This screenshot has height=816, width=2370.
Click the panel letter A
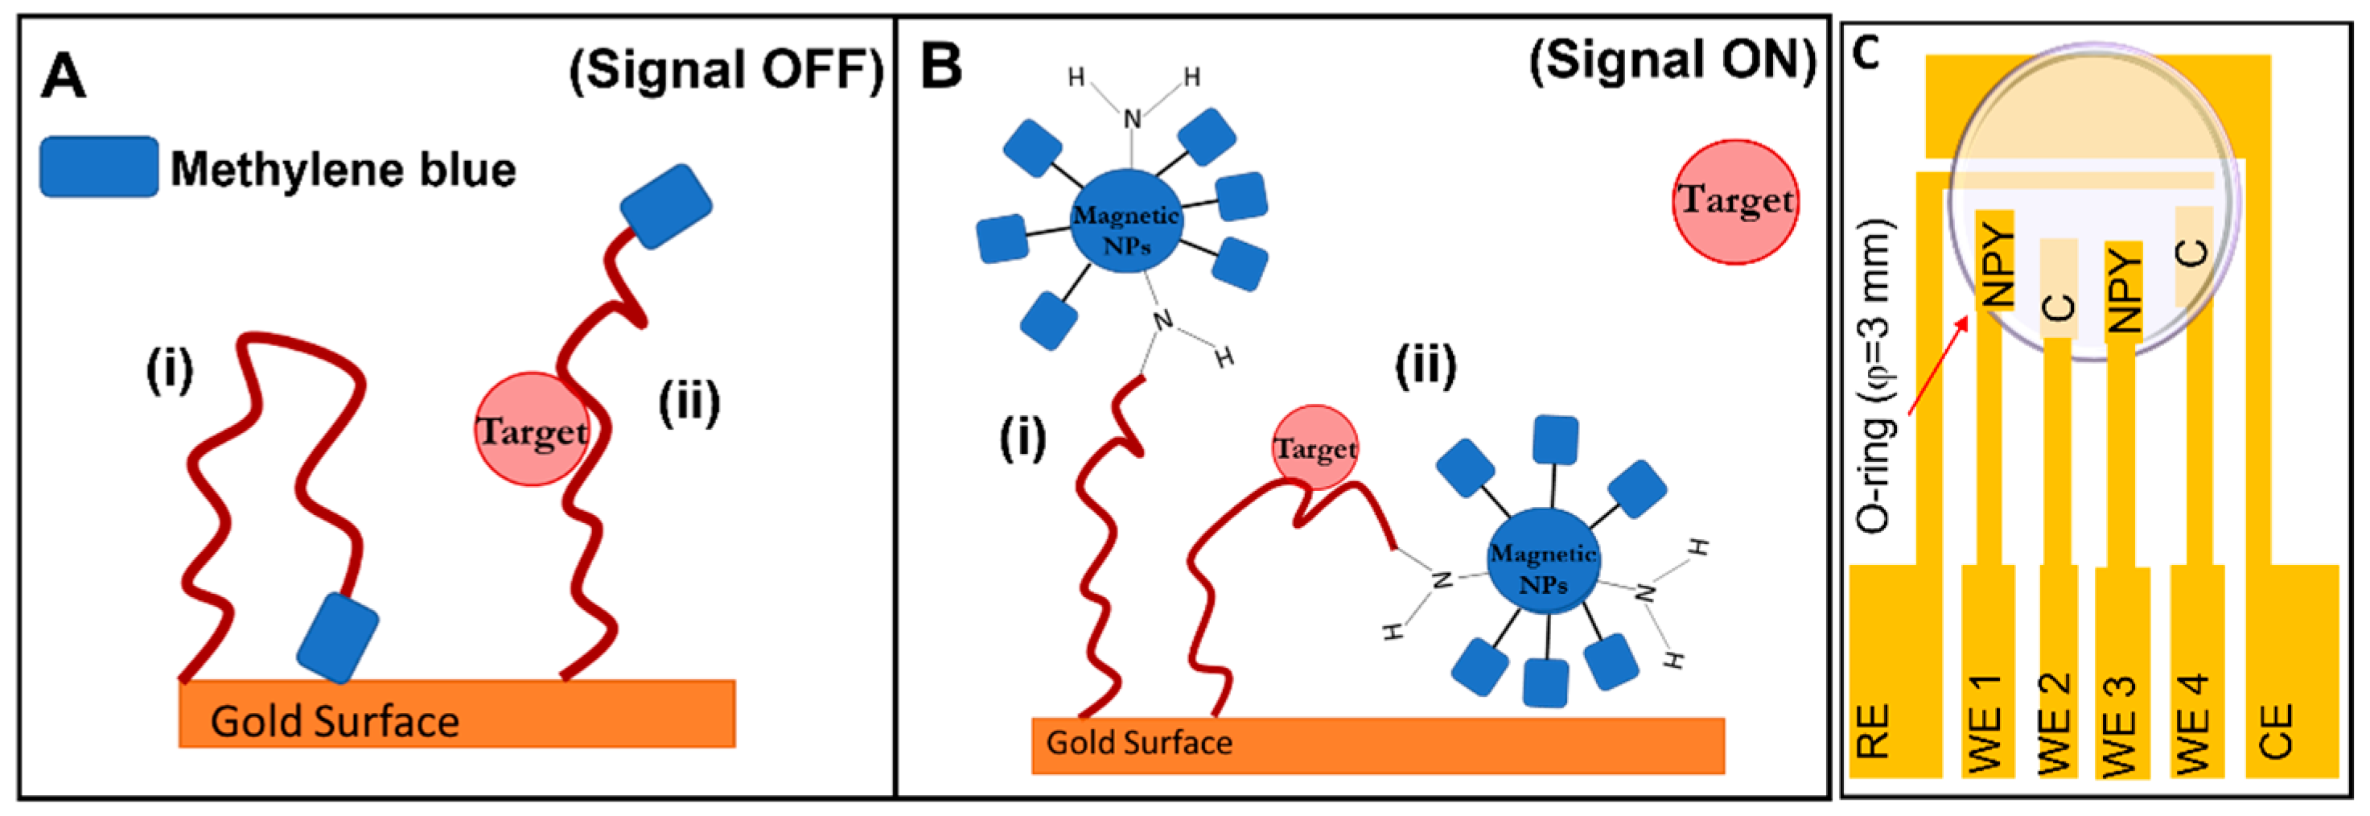click(x=63, y=76)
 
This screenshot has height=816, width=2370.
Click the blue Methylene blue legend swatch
click(x=98, y=167)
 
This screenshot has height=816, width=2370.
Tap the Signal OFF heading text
click(x=726, y=70)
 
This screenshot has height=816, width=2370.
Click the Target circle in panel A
click(x=532, y=430)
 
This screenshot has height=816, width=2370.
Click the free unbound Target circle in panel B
click(x=1734, y=201)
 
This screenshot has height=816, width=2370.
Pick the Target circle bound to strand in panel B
click(x=1315, y=448)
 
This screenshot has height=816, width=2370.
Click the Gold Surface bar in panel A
click(x=457, y=713)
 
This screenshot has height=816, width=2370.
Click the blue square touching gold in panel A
click(x=338, y=637)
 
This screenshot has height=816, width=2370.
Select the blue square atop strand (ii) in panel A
click(x=665, y=207)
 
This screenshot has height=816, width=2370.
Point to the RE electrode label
click(x=1873, y=732)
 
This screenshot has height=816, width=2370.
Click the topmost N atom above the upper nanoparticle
click(x=1133, y=118)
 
